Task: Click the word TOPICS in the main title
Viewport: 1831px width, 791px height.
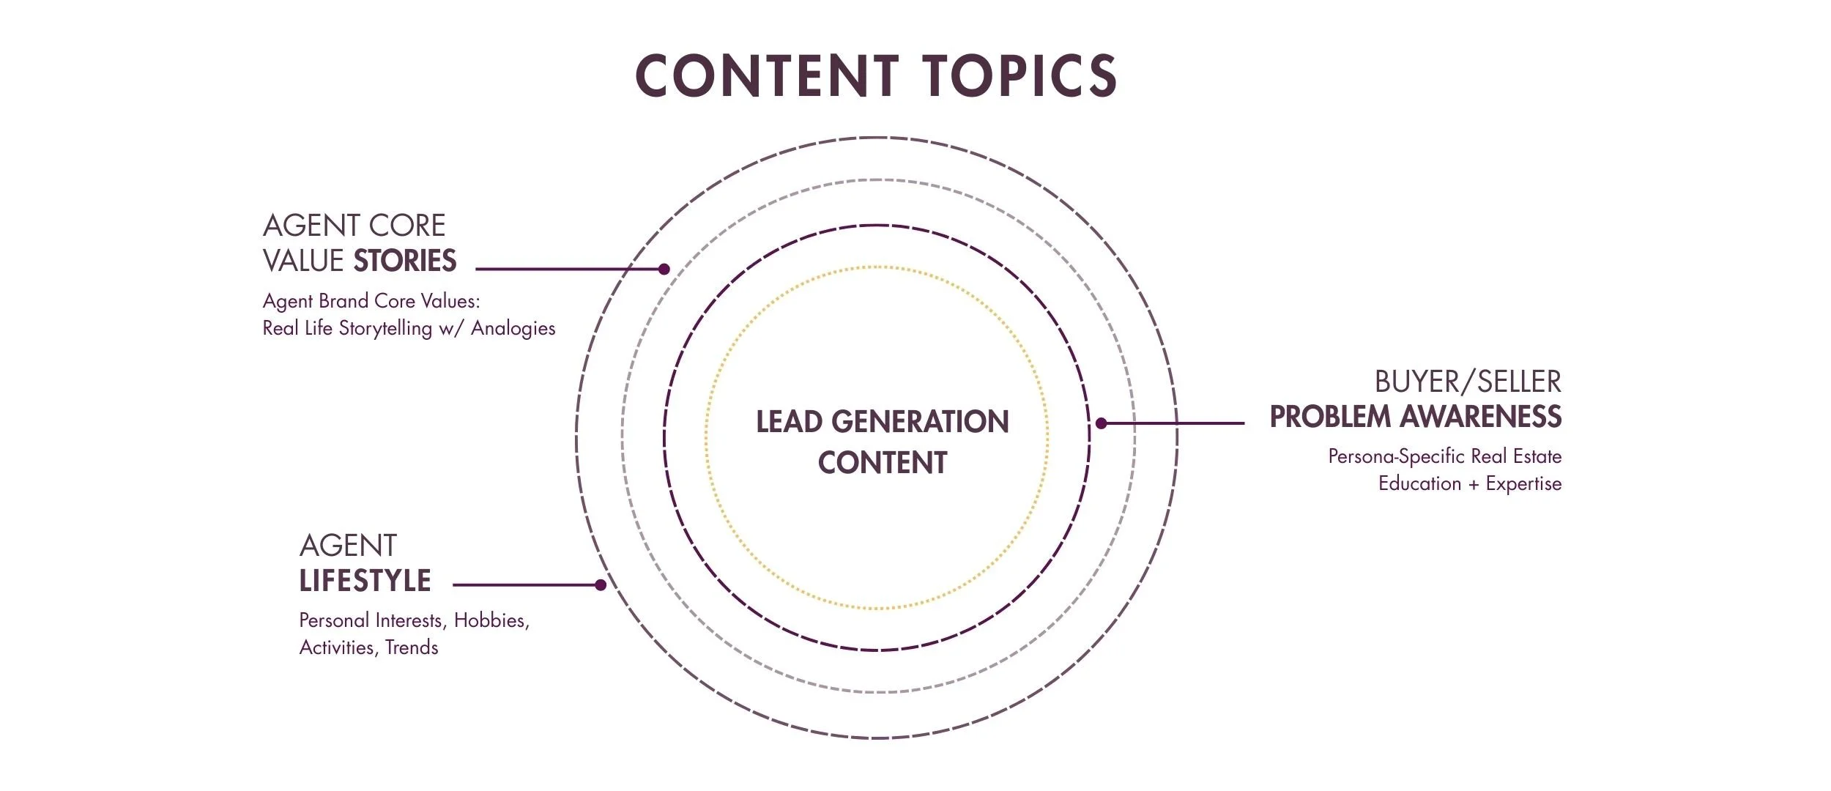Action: tap(1019, 75)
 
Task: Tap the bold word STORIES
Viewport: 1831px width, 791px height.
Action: tap(405, 261)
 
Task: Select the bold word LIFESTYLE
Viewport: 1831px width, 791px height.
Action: tap(365, 581)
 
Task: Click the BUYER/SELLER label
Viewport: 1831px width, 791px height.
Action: tap(1467, 382)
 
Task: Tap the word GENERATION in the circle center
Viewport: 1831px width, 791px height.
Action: tap(920, 422)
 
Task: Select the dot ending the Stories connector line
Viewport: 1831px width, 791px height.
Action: tap(664, 269)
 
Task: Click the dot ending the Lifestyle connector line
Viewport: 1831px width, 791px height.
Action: tap(601, 584)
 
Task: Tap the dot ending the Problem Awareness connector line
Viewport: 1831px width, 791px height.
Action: tap(1101, 423)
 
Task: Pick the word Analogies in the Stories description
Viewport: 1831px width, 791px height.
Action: tap(513, 328)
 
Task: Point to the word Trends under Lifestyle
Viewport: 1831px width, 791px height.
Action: tap(412, 647)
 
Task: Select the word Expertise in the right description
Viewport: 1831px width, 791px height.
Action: tap(1523, 483)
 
